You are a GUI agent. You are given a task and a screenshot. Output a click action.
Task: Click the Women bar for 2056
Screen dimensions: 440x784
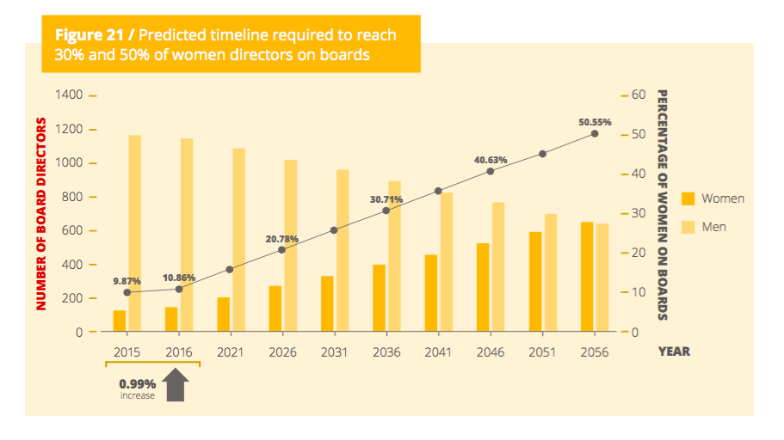pyautogui.click(x=586, y=277)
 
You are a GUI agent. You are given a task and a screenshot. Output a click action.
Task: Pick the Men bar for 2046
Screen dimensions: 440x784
pyautogui.click(x=498, y=266)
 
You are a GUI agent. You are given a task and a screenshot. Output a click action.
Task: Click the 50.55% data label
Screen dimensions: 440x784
pyautogui.click(x=595, y=122)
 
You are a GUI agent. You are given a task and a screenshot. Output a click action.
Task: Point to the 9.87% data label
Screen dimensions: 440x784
pyautogui.click(x=127, y=280)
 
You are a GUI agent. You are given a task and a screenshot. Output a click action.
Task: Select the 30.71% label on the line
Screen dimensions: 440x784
pyautogui.click(x=386, y=199)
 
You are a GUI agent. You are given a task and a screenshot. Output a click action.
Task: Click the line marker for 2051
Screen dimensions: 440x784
pyautogui.click(x=542, y=154)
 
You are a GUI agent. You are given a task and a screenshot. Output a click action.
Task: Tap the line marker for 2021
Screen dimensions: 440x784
pyautogui.click(x=230, y=269)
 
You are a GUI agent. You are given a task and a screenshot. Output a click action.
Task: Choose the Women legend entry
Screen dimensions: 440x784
pyautogui.click(x=712, y=199)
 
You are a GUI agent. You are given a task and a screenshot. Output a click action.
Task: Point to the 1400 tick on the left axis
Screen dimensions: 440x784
pyautogui.click(x=70, y=95)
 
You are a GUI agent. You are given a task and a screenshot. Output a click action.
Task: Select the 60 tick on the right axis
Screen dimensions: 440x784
pyautogui.click(x=638, y=95)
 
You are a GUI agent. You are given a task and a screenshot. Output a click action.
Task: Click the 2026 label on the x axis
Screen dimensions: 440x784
pyautogui.click(x=282, y=352)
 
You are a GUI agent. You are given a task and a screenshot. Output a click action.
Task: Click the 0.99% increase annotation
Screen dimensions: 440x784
pyautogui.click(x=137, y=388)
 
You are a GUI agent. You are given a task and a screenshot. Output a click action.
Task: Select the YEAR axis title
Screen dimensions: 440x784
pyautogui.click(x=674, y=351)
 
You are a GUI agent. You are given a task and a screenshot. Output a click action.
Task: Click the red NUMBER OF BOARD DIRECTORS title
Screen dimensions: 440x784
pyautogui.click(x=40, y=213)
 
